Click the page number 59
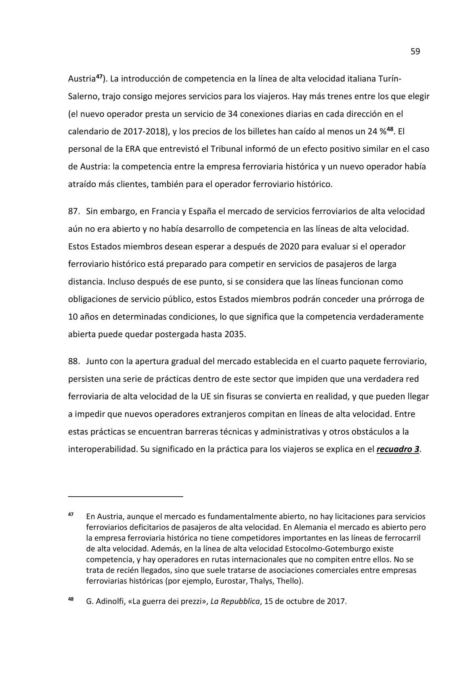pyautogui.click(x=415, y=51)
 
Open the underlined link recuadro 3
pyautogui.click(x=398, y=449)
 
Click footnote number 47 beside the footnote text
pyautogui.click(x=71, y=515)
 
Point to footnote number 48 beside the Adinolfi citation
pyautogui.click(x=71, y=599)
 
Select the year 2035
pyautogui.click(x=234, y=334)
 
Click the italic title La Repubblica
pyautogui.click(x=235, y=601)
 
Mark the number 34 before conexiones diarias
pyautogui.click(x=232, y=114)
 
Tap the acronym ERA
pyautogui.click(x=124, y=149)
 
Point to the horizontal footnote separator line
pyautogui.click(x=126, y=495)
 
